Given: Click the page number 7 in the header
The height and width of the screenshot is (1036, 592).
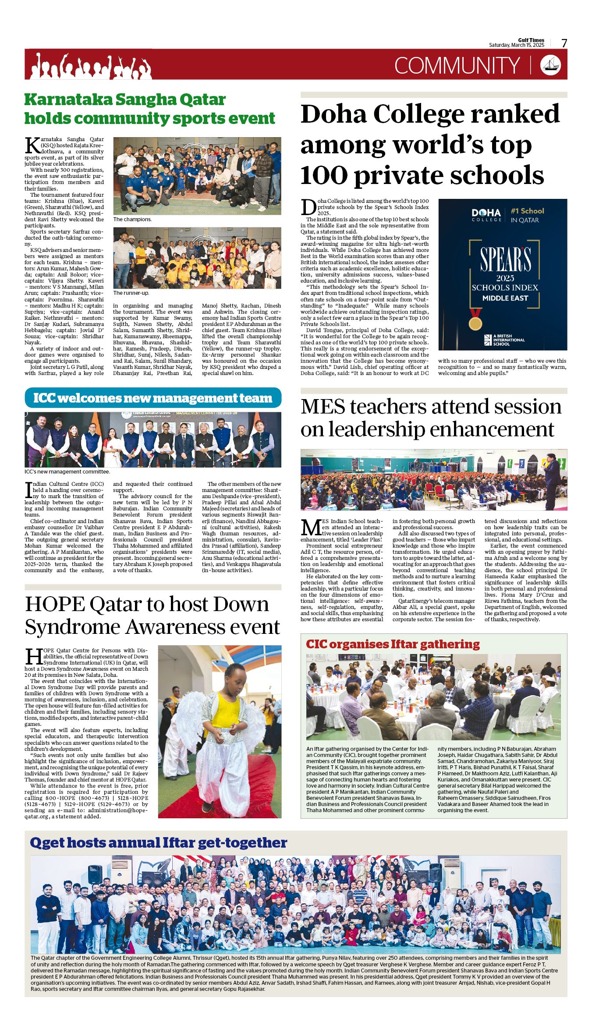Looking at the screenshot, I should tap(564, 43).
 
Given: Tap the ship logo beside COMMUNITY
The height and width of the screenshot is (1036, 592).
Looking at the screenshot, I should tap(551, 65).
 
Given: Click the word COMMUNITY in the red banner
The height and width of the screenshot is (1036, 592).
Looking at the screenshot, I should tap(457, 66).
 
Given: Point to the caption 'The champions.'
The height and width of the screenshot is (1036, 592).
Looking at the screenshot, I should tap(132, 219).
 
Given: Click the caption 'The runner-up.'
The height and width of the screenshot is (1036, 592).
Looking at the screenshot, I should tap(131, 293).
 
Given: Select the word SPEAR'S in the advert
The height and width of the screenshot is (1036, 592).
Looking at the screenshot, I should tap(505, 259).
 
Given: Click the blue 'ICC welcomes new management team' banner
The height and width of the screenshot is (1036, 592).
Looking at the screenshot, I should tap(153, 398).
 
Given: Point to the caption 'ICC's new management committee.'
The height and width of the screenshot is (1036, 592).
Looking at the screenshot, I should tap(67, 472).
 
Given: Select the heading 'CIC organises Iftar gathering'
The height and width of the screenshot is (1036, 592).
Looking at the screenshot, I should tap(393, 644).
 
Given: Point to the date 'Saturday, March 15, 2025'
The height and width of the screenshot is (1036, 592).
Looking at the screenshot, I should tap(517, 45).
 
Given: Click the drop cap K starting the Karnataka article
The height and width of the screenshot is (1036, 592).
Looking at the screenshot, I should tap(32, 145).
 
